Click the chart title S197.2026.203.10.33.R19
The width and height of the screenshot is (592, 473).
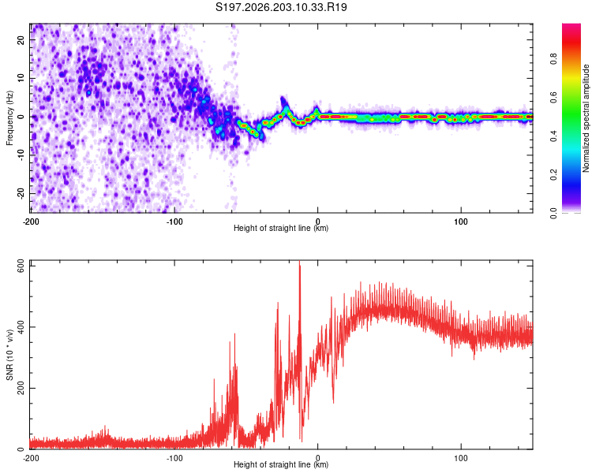(x=281, y=7)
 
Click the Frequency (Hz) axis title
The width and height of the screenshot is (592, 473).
(x=9, y=118)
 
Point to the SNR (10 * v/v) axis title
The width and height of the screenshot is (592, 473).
(x=9, y=355)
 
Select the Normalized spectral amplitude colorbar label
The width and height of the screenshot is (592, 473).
(x=586, y=118)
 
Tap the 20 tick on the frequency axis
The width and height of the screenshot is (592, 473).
(x=21, y=39)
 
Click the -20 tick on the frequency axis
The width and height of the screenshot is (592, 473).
(x=21, y=193)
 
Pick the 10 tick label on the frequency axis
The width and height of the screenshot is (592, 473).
(x=21, y=78)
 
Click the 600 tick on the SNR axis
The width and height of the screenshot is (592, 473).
(x=21, y=266)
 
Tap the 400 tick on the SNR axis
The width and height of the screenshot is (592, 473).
(x=21, y=327)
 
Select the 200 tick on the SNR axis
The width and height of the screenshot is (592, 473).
(x=21, y=388)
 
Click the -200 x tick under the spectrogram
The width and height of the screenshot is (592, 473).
(x=31, y=222)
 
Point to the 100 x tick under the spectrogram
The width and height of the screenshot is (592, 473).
(x=461, y=222)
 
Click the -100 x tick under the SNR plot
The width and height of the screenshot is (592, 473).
(x=174, y=458)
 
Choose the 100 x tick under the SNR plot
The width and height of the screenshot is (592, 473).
(x=461, y=458)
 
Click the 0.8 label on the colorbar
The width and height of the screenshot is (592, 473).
(x=553, y=59)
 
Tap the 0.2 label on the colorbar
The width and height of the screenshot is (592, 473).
(x=553, y=175)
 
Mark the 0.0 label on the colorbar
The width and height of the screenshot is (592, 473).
(x=553, y=214)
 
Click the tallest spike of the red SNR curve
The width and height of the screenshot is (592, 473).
(x=300, y=263)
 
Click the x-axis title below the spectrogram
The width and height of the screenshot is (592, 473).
(x=281, y=228)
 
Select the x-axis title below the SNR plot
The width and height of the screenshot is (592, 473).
(x=281, y=464)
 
